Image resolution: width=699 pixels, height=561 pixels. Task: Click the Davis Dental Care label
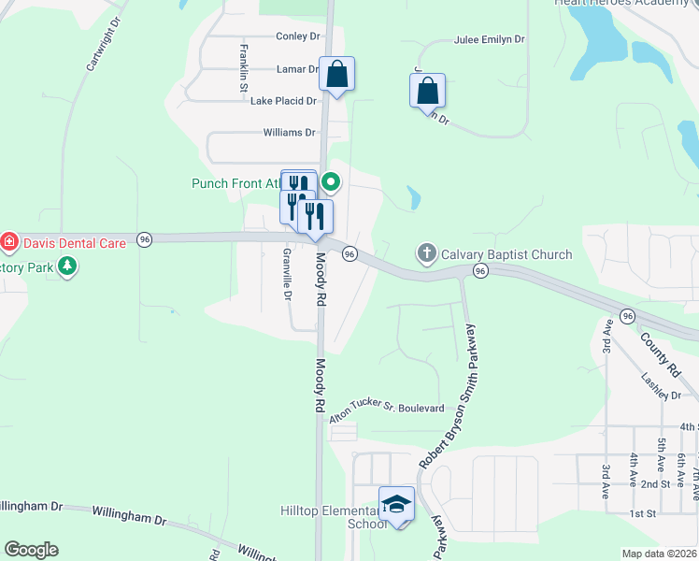coord(74,243)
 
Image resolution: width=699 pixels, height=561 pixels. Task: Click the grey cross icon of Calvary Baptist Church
coord(426,252)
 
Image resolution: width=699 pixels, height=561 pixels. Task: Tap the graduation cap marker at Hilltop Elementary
coord(396,505)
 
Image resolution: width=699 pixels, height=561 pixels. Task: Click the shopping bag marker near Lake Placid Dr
coord(336,75)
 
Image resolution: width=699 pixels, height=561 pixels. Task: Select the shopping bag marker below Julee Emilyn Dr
coord(427,92)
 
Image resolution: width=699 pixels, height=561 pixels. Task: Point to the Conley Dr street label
coord(297,36)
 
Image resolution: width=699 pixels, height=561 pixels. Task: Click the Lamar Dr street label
coord(298,69)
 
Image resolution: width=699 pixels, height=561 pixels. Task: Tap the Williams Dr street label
coord(289,133)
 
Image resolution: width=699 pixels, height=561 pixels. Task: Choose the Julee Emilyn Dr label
coord(489,41)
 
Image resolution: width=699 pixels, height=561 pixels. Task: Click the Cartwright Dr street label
coord(103,45)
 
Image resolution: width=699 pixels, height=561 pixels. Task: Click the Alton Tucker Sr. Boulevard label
coord(385,410)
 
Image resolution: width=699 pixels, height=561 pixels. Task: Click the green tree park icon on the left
coord(66,267)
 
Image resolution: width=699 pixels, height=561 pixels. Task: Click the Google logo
coord(31,550)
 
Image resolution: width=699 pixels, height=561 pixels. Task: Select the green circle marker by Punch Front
coord(331,182)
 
